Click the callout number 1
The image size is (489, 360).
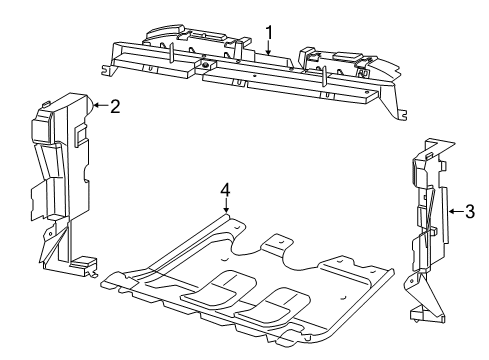pos(268,30)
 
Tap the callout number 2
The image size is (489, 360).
pos(115,105)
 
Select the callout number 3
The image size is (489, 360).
pos(470,211)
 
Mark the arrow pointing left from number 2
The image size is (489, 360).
pos(97,104)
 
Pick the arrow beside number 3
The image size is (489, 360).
pos(452,211)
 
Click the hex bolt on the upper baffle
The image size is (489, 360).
pos(207,67)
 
